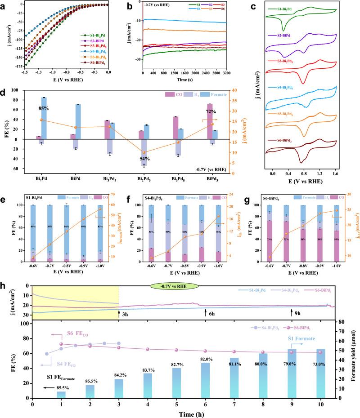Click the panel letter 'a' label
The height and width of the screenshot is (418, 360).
pyautogui.click(x=4, y=5)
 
